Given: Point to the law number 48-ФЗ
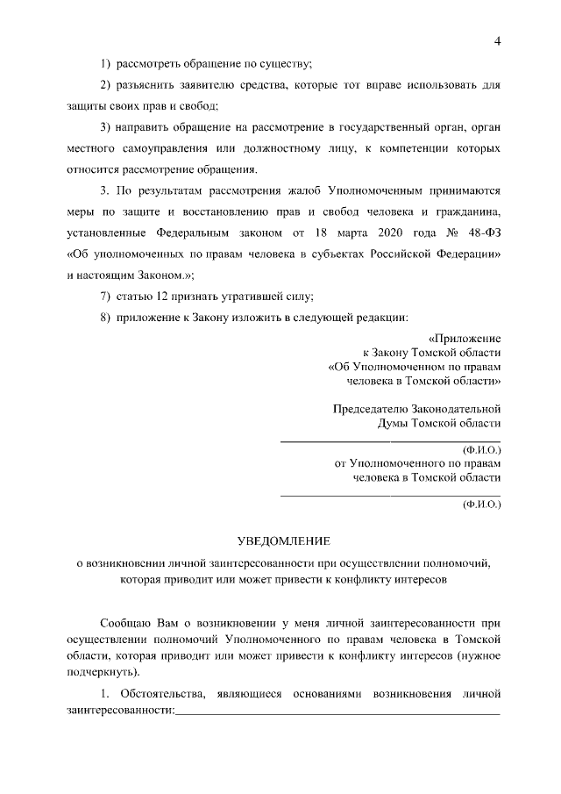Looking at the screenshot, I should point(479,233).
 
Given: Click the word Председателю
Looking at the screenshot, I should point(372,409).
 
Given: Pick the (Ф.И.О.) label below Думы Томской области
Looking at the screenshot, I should point(481,450).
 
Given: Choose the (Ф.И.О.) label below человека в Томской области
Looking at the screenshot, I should point(481,505).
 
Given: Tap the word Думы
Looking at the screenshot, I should point(394,423).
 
